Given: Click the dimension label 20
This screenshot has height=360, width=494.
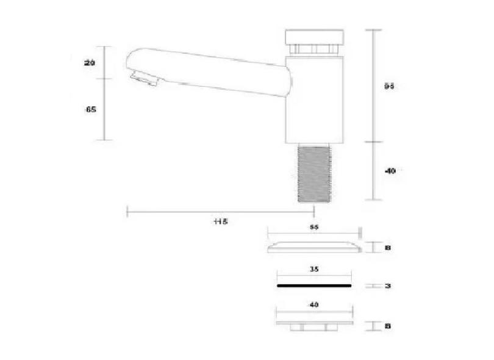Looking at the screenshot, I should [90, 63].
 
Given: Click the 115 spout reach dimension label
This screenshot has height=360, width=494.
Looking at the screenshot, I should [220, 221].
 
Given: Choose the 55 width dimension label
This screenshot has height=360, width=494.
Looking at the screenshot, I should [315, 226].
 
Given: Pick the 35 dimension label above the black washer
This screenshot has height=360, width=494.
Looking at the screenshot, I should [315, 268].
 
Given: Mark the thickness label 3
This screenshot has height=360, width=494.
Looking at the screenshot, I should [388, 286].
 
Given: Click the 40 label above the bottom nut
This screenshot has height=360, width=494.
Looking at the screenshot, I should [314, 304].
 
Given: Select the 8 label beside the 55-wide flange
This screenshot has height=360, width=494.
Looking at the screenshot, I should [388, 248].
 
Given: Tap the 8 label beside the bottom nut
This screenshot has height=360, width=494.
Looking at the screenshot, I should [388, 326].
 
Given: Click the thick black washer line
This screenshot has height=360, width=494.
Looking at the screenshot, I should [314, 285].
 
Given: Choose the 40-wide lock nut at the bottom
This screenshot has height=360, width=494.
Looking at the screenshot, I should [314, 325].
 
